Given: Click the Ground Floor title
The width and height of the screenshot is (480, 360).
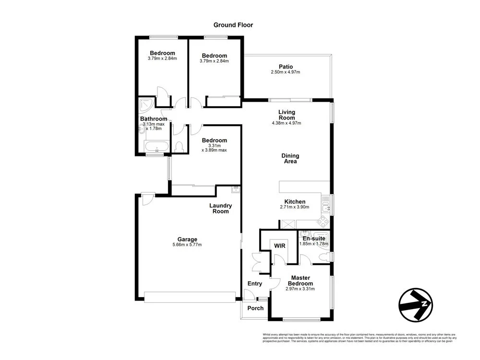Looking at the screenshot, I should [233, 25].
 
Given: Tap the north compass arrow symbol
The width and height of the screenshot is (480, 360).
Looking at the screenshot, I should [416, 304].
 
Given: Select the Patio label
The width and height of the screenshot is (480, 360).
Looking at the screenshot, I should [286, 67].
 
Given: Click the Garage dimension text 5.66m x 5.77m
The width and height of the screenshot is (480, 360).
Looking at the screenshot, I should [187, 245].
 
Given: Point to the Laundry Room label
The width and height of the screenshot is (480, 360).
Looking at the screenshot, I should [221, 208].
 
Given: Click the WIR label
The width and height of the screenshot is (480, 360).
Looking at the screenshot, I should [280, 246].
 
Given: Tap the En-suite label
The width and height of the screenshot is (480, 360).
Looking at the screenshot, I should [314, 238].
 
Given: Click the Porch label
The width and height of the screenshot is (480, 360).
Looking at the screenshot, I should [255, 308].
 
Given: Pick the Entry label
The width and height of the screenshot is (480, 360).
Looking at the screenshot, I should [254, 284].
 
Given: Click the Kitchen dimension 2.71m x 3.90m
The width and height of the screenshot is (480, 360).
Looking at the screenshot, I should [294, 207].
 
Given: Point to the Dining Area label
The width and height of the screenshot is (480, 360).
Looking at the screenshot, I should [290, 158].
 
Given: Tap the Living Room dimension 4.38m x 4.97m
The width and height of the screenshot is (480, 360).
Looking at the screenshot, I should [286, 123].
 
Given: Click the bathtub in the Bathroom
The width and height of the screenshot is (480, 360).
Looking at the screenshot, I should [156, 146].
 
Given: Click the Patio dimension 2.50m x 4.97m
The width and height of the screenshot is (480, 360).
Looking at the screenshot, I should [286, 72].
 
